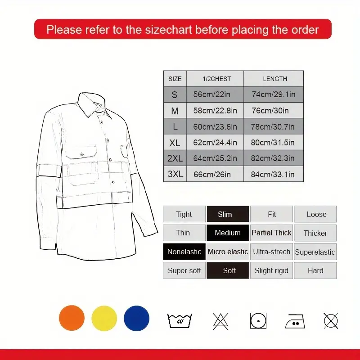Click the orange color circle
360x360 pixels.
tap(72, 318)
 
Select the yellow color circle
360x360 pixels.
tap(104, 318)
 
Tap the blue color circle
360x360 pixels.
tap(137, 318)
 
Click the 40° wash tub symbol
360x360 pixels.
tap(180, 320)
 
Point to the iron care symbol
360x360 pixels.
tap(295, 321)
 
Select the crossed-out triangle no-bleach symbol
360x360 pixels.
tap(220, 321)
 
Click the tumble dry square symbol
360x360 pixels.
tap(258, 321)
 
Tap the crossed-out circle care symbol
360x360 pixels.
tap(331, 321)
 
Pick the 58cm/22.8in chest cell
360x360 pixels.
tap(215, 110)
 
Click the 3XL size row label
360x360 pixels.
tap(175, 174)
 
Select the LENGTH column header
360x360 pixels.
tap(275, 79)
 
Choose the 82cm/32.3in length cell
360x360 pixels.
tap(273, 158)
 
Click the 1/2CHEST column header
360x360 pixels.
tap(217, 79)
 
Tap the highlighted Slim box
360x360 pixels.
tap(228, 214)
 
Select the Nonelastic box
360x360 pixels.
tap(184, 252)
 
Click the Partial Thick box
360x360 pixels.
tap(271, 233)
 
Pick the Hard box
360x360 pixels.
tap(315, 270)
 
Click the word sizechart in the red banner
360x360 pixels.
tap(168, 30)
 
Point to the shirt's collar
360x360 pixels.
tap(92, 104)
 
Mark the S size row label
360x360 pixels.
tap(175, 94)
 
